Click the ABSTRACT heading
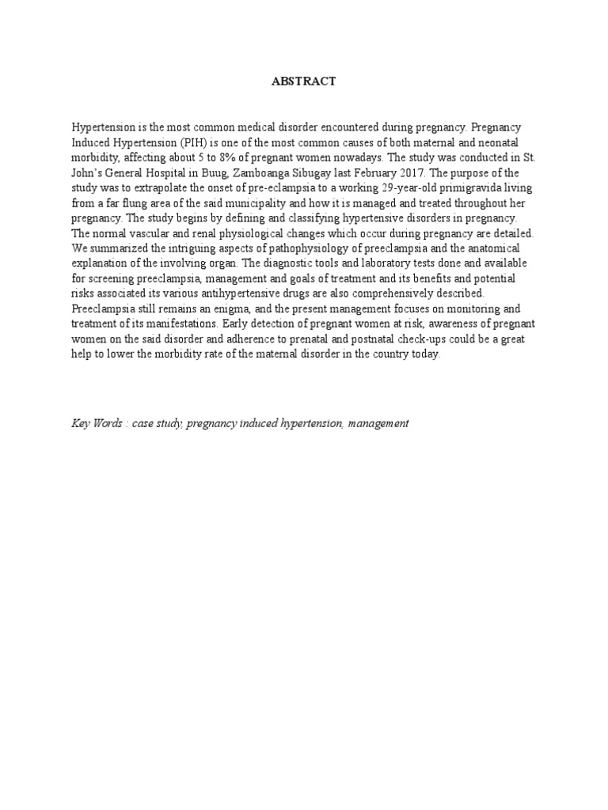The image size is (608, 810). (305, 81)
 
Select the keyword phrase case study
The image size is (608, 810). (158, 424)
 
